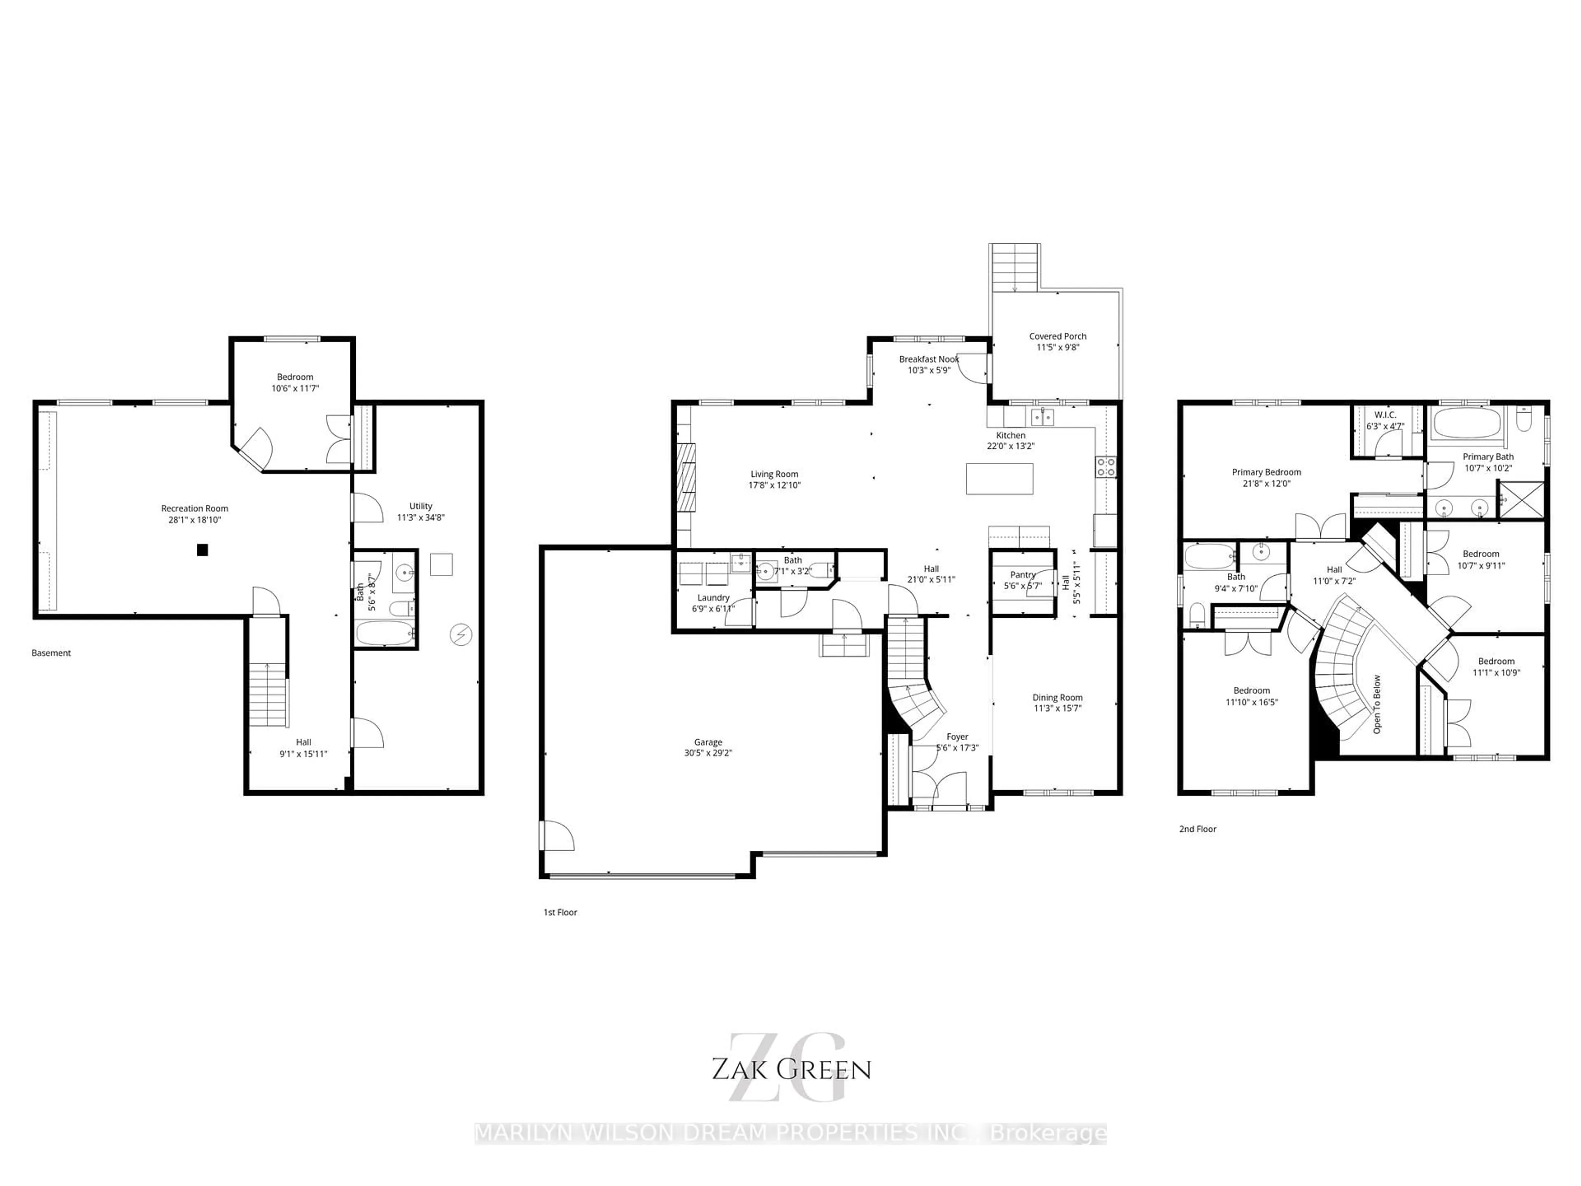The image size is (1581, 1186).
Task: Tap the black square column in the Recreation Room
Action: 202,550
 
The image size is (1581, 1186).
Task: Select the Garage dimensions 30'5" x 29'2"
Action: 708,753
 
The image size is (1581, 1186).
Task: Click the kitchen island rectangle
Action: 999,479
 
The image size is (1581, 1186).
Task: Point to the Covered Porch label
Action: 1057,336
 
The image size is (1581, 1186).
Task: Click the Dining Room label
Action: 1057,698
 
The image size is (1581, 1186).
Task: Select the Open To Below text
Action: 1377,704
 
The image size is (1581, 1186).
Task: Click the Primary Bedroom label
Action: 1266,472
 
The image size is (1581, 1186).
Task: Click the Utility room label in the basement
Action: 420,506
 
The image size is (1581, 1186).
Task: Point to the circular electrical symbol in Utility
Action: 460,634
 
